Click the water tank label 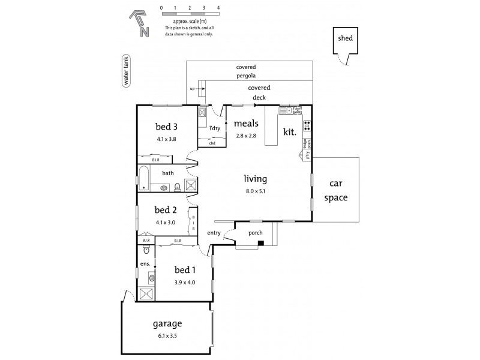(x=126, y=72)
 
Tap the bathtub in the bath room (x=144, y=179)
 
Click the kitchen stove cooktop (x=307, y=125)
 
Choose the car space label (x=335, y=191)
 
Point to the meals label (x=246, y=124)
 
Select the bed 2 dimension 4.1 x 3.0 (x=166, y=222)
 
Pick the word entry (x=214, y=233)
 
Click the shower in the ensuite (x=146, y=293)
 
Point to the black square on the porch (x=261, y=243)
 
